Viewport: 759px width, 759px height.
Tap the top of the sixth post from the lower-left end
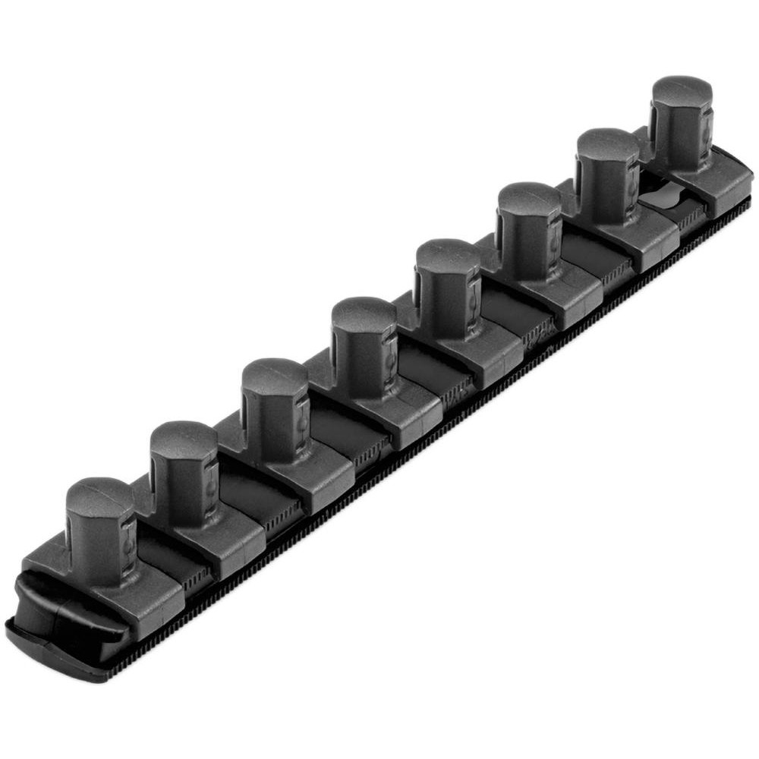tap(530, 200)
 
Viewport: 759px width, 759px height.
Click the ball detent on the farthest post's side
tap(707, 130)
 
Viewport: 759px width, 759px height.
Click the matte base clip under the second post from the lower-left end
tap(220, 539)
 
